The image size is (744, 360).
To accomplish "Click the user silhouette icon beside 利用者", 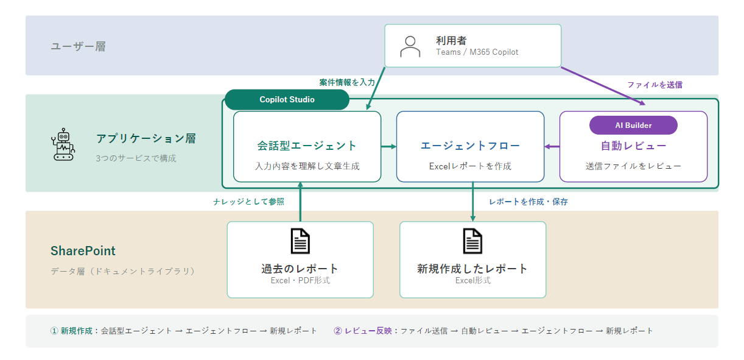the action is click(410, 46).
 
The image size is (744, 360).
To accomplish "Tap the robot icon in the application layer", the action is click(63, 144).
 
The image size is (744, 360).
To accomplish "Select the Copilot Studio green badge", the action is click(287, 99).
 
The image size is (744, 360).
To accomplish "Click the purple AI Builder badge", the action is click(633, 125).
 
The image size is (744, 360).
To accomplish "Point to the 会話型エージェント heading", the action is click(307, 146).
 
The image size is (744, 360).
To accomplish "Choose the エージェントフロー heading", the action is click(470, 146).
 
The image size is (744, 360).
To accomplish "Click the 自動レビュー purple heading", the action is click(633, 146).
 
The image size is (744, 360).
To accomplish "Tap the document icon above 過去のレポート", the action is click(300, 241).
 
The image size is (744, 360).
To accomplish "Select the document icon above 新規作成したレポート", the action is click(472, 241).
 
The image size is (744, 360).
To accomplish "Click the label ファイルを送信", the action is click(655, 85).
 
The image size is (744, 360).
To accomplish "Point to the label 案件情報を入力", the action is click(347, 82).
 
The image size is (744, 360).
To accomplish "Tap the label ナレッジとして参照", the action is click(248, 202).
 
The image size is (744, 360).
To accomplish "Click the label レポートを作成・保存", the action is click(528, 202).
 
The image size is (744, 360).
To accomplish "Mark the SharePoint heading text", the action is click(83, 251).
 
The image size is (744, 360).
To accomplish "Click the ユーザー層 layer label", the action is click(78, 46).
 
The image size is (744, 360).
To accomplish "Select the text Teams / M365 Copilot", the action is click(477, 52).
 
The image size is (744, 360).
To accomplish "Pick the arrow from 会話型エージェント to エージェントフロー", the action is click(388, 147).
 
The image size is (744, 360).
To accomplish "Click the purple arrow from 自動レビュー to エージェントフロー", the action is click(552, 147).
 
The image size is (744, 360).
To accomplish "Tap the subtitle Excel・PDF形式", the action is click(300, 281).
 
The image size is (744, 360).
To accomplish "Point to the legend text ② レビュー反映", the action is click(363, 331).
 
